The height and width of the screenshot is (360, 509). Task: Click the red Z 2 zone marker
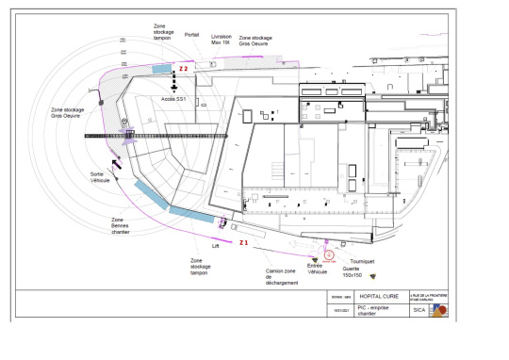click(x=185, y=69)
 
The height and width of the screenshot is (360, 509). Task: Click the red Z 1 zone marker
click(x=243, y=242)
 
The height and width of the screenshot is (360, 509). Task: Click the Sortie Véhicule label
click(x=100, y=177)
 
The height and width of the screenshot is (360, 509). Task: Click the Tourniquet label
click(x=362, y=260)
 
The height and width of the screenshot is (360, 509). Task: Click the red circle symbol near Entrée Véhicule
click(x=328, y=254)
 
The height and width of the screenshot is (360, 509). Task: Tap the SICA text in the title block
click(x=419, y=312)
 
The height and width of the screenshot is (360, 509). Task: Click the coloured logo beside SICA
click(x=438, y=311)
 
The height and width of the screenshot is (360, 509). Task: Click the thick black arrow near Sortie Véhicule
click(x=117, y=166)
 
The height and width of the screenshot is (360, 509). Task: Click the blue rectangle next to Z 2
click(x=162, y=70)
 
